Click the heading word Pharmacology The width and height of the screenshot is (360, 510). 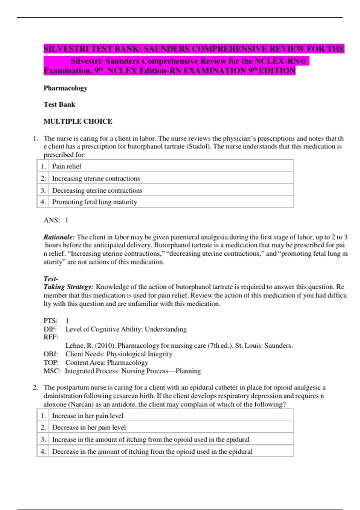[x=65, y=88]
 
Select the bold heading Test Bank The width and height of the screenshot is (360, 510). [x=59, y=104]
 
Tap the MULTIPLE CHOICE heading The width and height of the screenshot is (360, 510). [x=78, y=121]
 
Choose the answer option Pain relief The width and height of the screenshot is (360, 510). [x=67, y=166]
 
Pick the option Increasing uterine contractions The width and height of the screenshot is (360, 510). [x=96, y=178]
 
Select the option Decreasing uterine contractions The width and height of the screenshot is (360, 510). [x=97, y=190]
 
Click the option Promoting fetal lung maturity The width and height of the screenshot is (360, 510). [x=94, y=202]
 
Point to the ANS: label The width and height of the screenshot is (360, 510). [x=52, y=220]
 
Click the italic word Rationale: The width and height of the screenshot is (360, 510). [x=59, y=237]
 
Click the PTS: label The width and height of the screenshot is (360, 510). [x=50, y=321]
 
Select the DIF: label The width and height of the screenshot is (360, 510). [x=50, y=329]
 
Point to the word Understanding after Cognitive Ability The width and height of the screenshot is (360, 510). [x=166, y=329]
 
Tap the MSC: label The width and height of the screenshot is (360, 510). [x=52, y=371]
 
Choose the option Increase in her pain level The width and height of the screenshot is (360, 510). [x=88, y=416]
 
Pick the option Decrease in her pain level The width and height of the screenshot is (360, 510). [x=89, y=427]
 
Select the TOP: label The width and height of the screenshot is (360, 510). [x=51, y=363]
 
